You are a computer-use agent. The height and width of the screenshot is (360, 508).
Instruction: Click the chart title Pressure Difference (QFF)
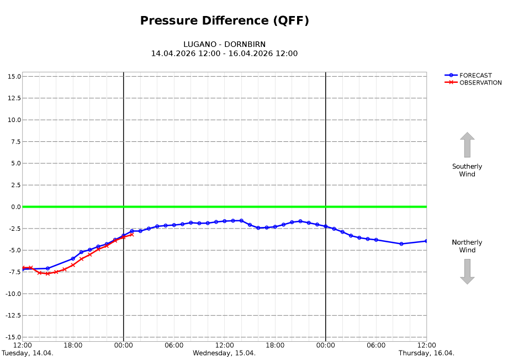[224, 21]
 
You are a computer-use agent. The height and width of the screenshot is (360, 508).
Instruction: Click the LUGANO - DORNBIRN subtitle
[224, 44]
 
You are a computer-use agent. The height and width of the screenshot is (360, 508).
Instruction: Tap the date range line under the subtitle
[224, 54]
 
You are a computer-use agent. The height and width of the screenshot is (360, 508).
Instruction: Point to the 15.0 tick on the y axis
[14, 76]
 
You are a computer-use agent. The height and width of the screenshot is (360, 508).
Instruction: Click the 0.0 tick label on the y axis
[15, 207]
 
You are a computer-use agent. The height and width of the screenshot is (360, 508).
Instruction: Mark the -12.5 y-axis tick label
[12, 316]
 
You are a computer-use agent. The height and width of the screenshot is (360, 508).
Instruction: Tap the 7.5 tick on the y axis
[15, 142]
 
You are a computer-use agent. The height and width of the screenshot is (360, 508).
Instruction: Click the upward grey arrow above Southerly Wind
[467, 145]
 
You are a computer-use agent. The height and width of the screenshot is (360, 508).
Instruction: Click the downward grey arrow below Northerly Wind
[467, 272]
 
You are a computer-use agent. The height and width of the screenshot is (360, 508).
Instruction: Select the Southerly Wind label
[467, 170]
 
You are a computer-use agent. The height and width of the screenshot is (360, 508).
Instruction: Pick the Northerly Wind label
[467, 246]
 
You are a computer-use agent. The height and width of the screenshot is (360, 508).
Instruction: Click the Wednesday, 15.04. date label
[224, 353]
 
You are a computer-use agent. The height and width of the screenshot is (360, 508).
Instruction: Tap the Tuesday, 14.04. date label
[28, 353]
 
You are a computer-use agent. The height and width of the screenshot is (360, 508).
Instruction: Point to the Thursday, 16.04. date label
[426, 353]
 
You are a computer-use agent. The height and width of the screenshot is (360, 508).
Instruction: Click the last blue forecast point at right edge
[426, 241]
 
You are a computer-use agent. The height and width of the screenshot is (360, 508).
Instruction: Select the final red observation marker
[131, 234]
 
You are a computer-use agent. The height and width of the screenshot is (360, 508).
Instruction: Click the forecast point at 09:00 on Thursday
[401, 243]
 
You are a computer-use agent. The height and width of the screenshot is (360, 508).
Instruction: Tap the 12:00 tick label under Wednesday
[224, 346]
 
